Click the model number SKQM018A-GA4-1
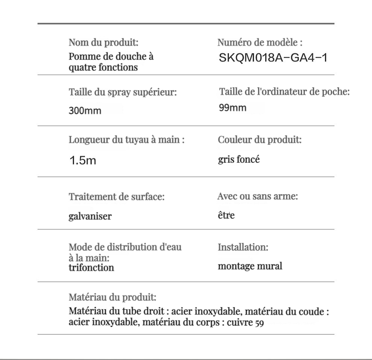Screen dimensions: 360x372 (273, 58)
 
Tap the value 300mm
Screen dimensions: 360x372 (85, 111)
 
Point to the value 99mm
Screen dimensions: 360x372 (233, 108)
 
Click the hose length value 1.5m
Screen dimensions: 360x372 (83, 161)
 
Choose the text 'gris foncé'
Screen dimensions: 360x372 (239, 160)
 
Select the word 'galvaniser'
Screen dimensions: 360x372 (90, 216)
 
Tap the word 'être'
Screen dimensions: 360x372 (226, 215)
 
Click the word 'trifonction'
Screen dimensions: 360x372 (91, 268)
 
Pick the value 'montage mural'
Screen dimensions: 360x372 (250, 266)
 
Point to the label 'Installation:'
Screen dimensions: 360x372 (243, 247)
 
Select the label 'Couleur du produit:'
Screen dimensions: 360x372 (260, 140)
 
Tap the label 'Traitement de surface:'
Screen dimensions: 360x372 (116, 196)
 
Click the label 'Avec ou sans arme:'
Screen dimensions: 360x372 (257, 196)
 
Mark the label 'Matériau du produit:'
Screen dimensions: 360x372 (112, 298)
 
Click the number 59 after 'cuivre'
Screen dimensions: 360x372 (259, 323)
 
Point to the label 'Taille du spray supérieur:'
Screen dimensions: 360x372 (122, 92)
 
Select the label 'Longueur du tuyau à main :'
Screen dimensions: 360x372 (127, 140)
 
